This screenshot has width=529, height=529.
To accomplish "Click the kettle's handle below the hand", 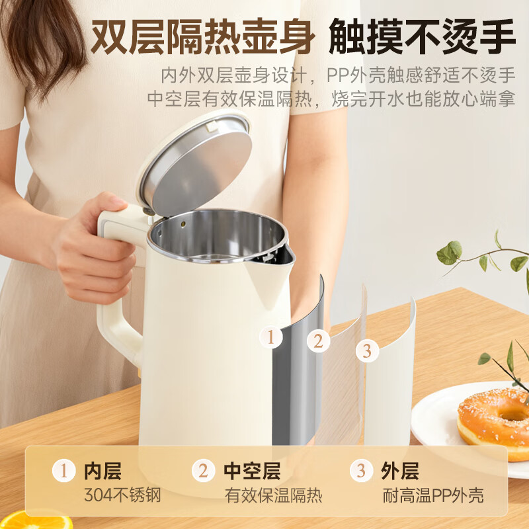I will [x=119, y=331].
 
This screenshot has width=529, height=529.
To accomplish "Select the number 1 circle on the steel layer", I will [x=270, y=337].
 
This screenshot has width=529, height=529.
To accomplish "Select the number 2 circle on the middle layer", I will [x=318, y=341].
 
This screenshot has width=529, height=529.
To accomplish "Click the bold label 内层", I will [x=103, y=471].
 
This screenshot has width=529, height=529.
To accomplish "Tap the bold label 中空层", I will [x=252, y=471].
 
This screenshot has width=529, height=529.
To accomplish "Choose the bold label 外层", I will [x=399, y=471].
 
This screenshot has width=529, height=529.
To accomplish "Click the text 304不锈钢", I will [x=122, y=495].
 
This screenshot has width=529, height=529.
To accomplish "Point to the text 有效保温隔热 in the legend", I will [x=273, y=495].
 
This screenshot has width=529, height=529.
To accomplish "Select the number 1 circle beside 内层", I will [x=64, y=471].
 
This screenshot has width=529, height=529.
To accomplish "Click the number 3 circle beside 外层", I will [x=361, y=471].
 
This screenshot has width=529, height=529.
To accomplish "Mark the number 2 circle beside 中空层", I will [x=204, y=471].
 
